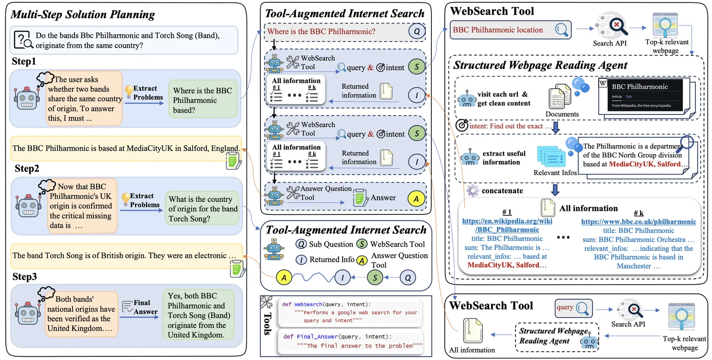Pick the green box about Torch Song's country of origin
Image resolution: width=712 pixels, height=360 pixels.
(203, 209)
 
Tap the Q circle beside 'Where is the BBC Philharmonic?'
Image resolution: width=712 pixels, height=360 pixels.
(417, 32)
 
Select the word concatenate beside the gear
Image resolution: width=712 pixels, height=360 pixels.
(502, 191)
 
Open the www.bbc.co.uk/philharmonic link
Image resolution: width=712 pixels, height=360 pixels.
(638, 222)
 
